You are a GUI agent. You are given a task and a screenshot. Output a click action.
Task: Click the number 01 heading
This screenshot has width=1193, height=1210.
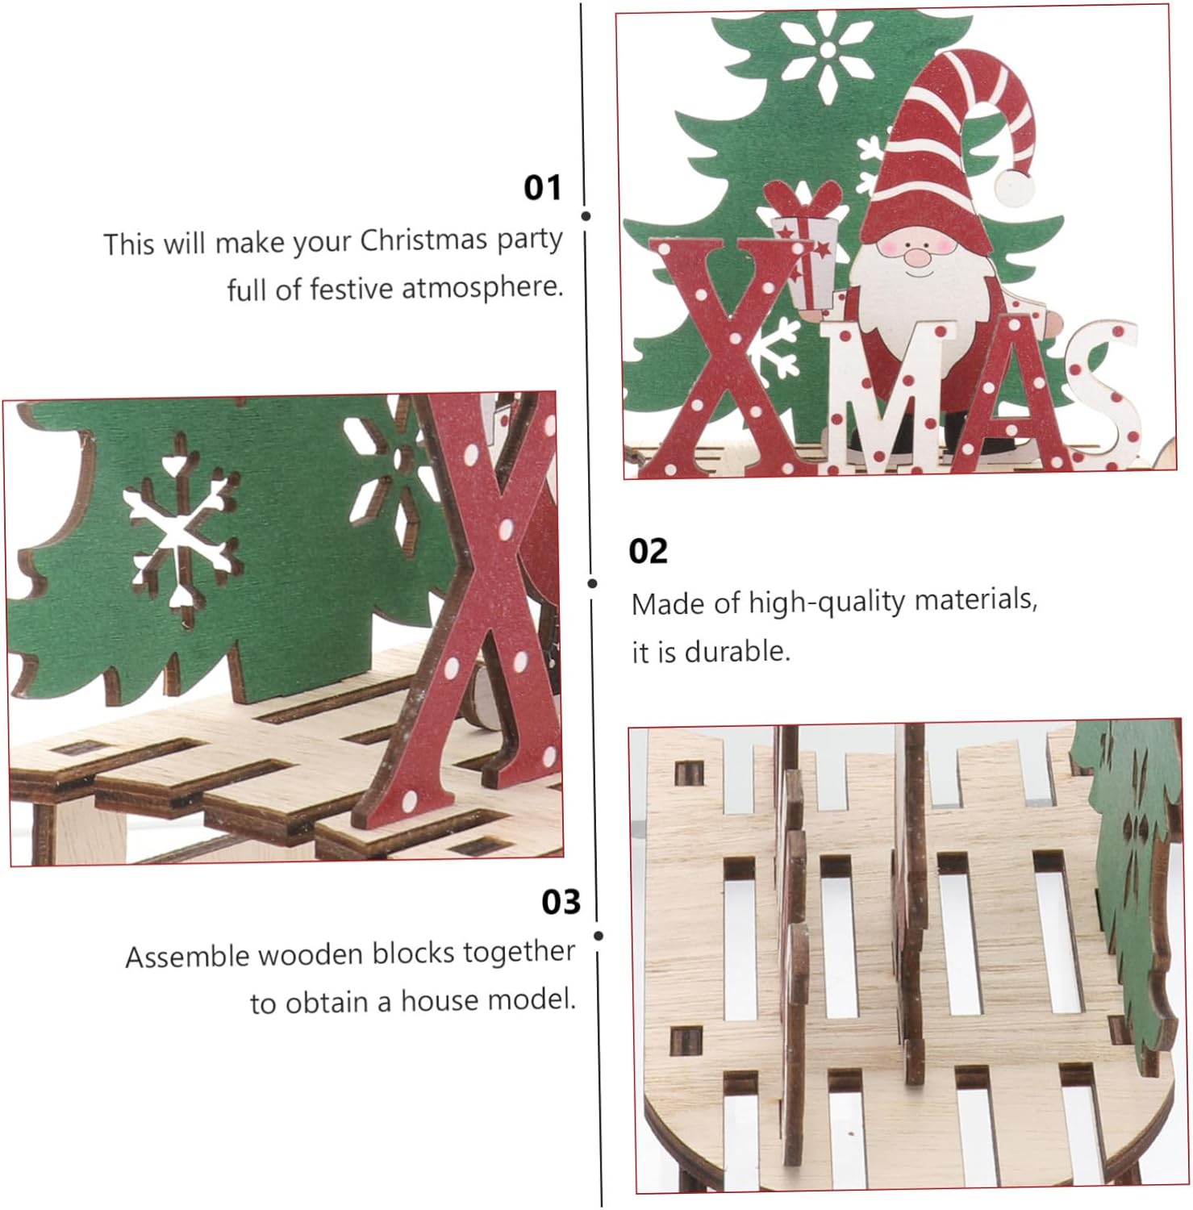[542, 187]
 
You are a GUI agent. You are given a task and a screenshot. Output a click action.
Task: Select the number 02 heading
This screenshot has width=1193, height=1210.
[649, 551]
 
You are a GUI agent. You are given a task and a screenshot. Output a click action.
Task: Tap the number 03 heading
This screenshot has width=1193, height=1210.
[561, 902]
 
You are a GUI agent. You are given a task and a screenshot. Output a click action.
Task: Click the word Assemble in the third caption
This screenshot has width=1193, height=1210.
[187, 957]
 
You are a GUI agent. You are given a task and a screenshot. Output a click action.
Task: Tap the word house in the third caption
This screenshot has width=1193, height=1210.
[436, 1001]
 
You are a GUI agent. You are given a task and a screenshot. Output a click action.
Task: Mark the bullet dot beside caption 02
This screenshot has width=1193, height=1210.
[593, 583]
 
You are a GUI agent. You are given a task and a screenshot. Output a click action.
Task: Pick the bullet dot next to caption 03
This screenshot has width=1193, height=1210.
[599, 936]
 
